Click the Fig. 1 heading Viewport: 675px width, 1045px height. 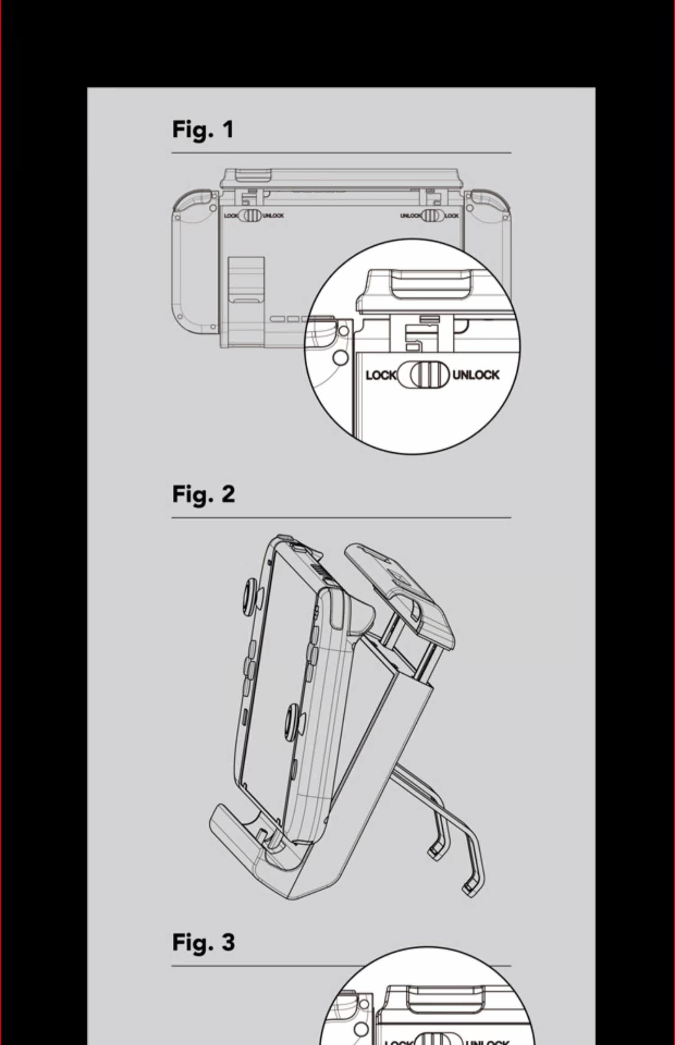click(203, 130)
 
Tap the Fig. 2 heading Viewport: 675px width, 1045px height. click(203, 494)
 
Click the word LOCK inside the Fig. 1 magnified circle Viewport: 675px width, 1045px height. click(380, 375)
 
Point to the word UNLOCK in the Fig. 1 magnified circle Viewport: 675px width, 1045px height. click(476, 374)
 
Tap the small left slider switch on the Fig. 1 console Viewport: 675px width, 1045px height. click(250, 215)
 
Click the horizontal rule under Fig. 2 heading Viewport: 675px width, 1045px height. click(341, 518)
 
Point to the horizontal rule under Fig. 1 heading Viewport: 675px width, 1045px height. click(341, 153)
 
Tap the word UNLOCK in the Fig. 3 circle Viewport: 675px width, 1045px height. click(488, 1040)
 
